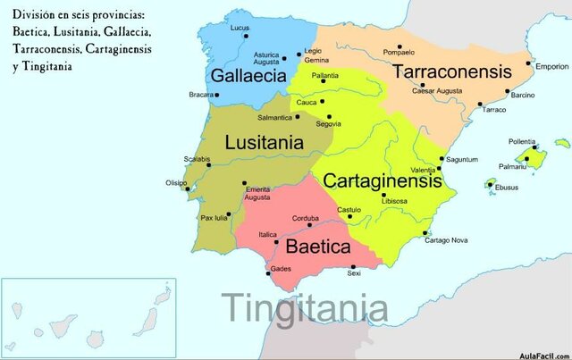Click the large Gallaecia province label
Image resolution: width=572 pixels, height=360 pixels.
coord(248,75)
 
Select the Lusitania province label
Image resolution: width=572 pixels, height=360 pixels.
coord(264,142)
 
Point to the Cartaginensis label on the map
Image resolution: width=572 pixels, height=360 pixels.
coord(383,180)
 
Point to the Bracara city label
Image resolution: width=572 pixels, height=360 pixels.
coord(201,94)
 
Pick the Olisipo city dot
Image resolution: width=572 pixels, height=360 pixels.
coord(187,188)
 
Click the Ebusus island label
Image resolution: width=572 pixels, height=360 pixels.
coord(507,188)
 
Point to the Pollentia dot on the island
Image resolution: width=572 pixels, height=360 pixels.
coord(534,149)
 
